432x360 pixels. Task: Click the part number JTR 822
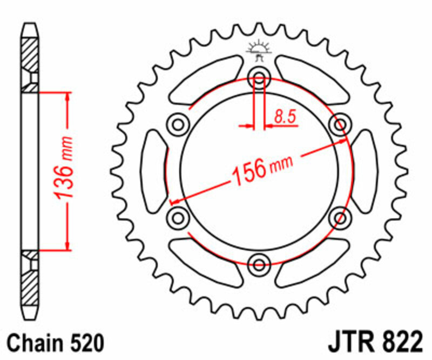(x=373, y=343)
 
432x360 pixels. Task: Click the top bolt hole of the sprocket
(x=259, y=79)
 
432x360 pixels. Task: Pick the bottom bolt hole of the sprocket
(x=259, y=264)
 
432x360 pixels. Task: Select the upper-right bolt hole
(x=341, y=125)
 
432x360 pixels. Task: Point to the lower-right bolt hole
(x=341, y=217)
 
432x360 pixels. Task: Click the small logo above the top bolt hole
(x=259, y=50)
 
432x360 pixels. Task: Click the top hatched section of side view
(x=30, y=57)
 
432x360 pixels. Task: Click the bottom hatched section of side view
(x=30, y=286)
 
